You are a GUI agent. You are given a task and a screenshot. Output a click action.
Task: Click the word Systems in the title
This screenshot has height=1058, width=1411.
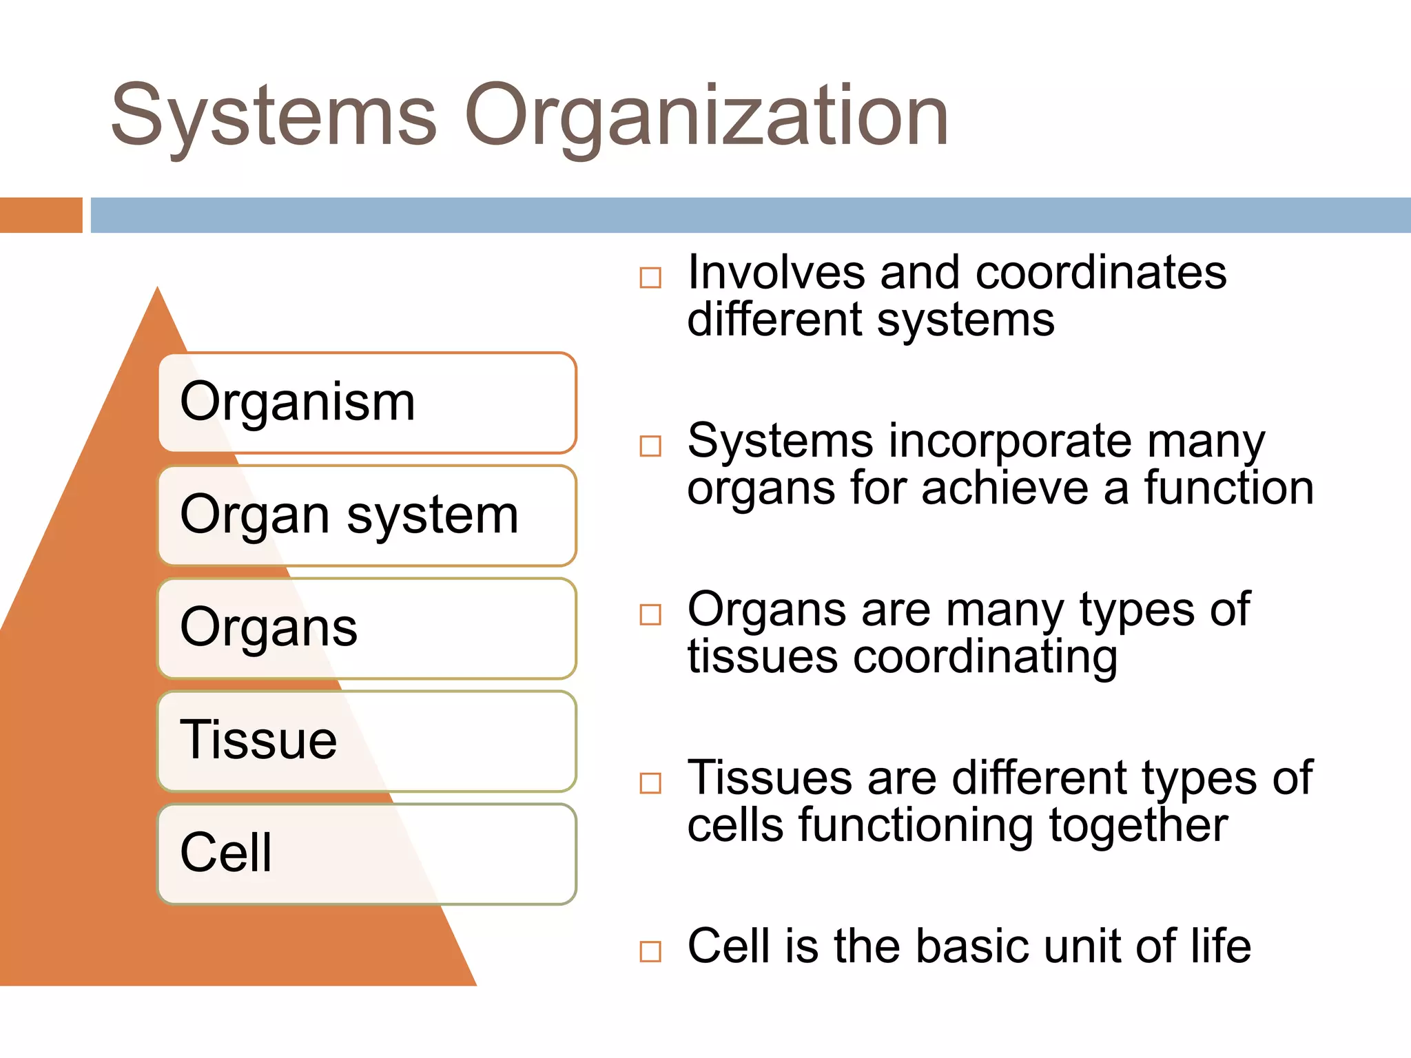[274, 116]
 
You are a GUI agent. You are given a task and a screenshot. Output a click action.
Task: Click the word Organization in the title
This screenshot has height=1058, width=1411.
[707, 116]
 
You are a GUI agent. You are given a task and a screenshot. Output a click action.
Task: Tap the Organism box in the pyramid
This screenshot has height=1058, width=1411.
[367, 403]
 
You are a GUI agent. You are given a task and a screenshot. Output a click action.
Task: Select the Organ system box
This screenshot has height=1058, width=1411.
[367, 516]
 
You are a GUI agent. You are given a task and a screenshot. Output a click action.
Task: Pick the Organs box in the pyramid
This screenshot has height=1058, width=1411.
[367, 628]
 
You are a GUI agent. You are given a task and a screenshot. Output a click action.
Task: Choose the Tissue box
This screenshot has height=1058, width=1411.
[367, 741]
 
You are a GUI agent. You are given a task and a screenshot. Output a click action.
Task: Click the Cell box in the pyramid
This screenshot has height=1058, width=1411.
[367, 854]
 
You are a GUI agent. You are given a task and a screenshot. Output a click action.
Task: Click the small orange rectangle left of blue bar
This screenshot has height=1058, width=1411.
[41, 215]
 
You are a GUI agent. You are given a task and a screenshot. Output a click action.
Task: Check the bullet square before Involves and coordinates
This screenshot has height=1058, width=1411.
[650, 278]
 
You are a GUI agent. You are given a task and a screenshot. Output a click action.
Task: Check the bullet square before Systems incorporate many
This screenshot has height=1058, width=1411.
[650, 446]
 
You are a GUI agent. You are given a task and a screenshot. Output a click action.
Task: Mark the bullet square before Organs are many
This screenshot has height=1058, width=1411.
[650, 614]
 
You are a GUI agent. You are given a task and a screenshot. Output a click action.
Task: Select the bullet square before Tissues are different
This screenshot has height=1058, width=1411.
[650, 783]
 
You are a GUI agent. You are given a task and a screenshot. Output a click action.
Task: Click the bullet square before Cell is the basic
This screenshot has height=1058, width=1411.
[650, 951]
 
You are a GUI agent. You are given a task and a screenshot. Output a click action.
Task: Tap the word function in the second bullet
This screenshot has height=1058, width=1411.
[1229, 488]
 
